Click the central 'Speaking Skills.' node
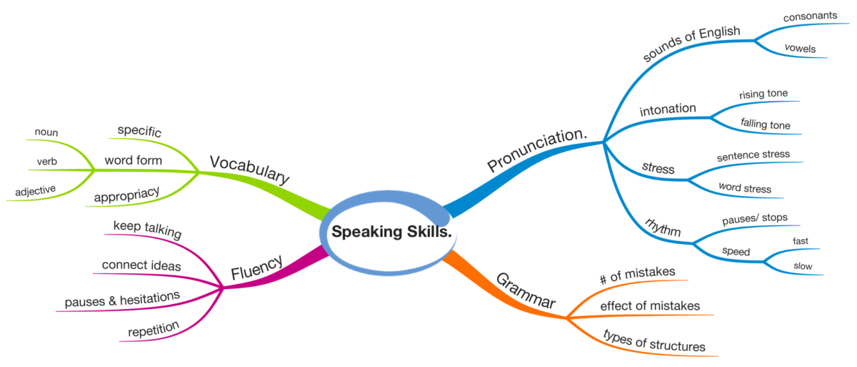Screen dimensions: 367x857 391,232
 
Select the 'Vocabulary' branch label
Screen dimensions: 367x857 249,168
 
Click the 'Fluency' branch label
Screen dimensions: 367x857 257,268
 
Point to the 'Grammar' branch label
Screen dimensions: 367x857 525,290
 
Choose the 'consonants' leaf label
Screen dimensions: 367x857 810,16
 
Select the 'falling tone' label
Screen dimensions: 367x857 765,124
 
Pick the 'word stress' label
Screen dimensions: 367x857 744,189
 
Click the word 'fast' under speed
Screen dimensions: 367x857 801,241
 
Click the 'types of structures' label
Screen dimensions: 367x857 654,342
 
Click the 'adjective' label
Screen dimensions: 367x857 36,191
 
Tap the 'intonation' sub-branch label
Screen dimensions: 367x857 668,109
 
